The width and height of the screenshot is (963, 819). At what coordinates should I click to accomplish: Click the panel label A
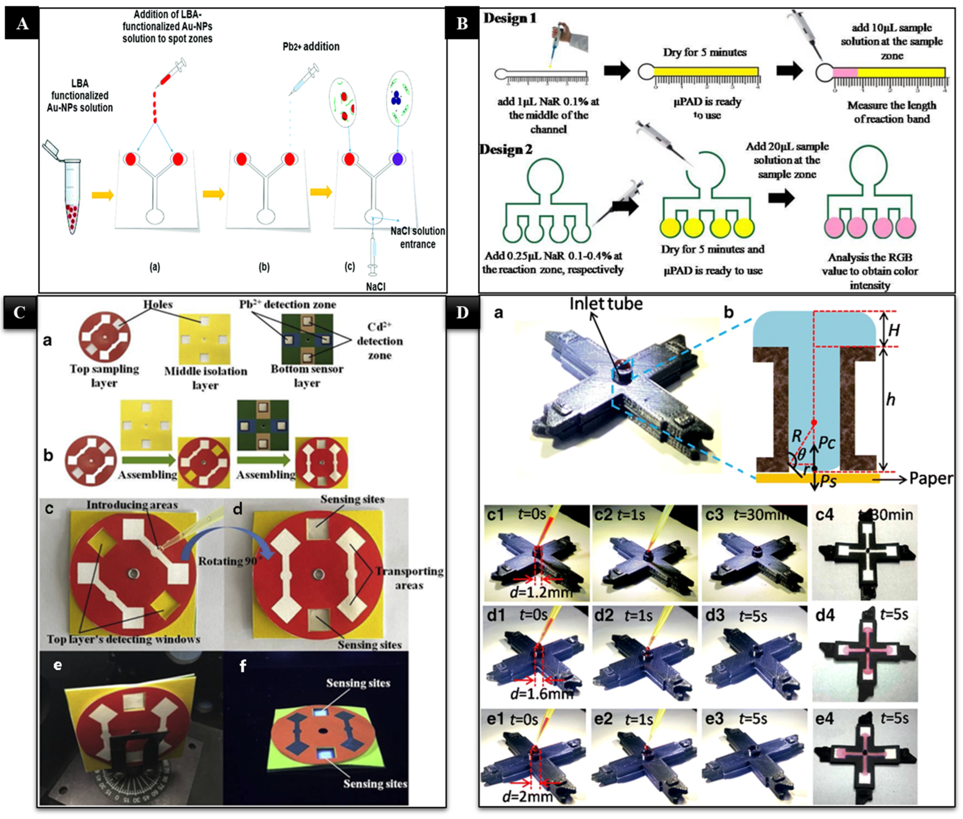[22, 24]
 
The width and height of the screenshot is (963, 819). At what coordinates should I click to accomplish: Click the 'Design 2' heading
[506, 150]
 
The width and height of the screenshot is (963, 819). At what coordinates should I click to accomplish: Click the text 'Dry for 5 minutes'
[705, 53]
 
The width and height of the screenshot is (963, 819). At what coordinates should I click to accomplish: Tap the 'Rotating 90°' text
[228, 561]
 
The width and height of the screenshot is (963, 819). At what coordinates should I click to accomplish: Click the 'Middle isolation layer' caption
[205, 378]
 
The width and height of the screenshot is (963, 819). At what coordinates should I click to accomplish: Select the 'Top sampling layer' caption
[104, 376]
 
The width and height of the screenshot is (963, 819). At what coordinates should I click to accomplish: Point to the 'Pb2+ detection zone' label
[288, 304]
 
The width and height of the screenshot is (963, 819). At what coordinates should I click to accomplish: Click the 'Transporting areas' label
[409, 578]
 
